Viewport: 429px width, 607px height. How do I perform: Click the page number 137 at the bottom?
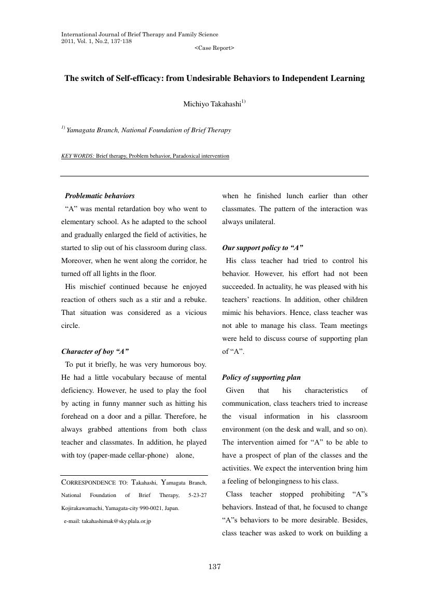[x=215, y=567]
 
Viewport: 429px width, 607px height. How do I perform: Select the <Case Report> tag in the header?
[x=214, y=48]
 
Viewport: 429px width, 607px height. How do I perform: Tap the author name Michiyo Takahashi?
[x=212, y=104]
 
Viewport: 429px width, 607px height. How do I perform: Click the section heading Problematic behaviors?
[x=100, y=196]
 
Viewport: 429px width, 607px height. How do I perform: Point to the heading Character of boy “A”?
[x=95, y=352]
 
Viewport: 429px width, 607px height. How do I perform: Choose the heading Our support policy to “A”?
[x=262, y=248]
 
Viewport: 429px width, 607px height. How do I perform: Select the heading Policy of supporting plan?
[x=261, y=378]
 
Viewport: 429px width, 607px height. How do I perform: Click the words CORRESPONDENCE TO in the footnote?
[x=94, y=482]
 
